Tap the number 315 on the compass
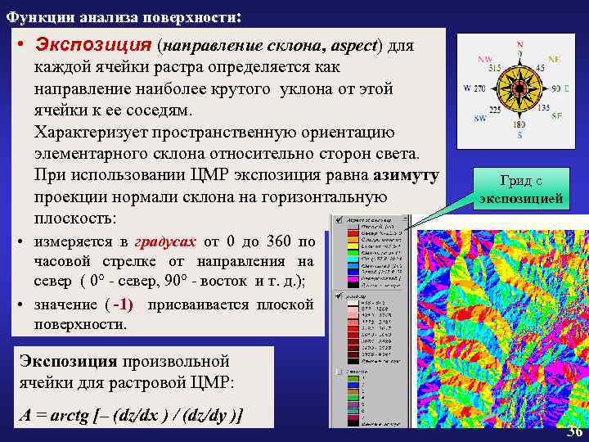click(x=494, y=69)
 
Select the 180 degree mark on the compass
click(x=519, y=125)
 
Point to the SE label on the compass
click(x=556, y=116)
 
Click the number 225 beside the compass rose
click(x=495, y=109)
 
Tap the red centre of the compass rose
click(x=519, y=88)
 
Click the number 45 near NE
click(x=541, y=69)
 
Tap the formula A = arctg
click(x=132, y=416)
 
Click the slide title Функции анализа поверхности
click(x=123, y=16)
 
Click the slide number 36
click(x=574, y=432)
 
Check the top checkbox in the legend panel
click(x=339, y=221)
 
